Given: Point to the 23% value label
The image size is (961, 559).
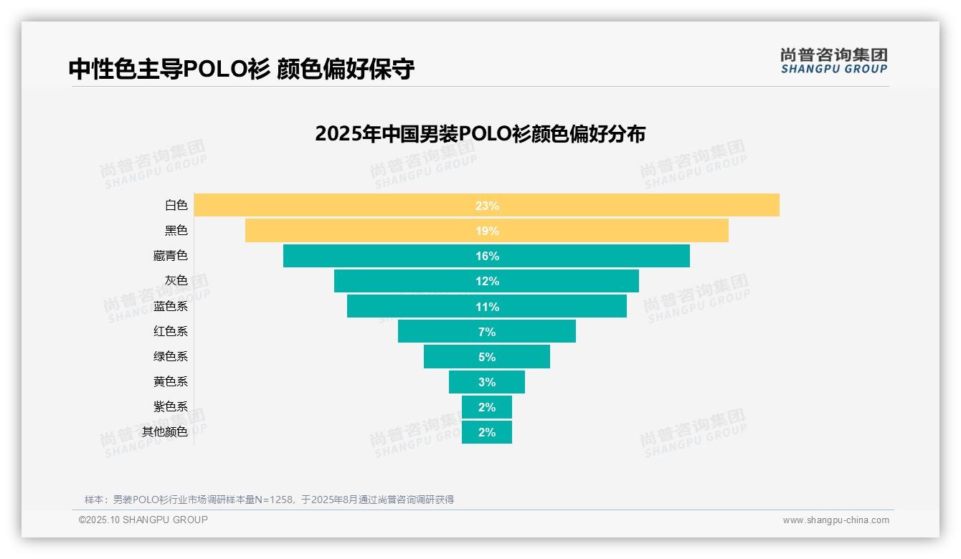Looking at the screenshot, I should (487, 206).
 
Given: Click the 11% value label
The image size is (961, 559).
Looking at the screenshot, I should (487, 307).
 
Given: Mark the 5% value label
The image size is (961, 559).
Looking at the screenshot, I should (487, 357).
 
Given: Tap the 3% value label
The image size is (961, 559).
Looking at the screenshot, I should (487, 382).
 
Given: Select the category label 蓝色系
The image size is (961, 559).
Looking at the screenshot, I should (171, 306).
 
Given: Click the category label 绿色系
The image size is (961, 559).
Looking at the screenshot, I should (171, 356).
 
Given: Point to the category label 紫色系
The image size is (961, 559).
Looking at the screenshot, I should (171, 406).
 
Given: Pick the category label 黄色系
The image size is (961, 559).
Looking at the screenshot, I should (171, 381).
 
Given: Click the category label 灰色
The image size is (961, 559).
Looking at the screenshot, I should (176, 281).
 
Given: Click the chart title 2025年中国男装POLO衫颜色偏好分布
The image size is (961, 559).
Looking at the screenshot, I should (480, 134).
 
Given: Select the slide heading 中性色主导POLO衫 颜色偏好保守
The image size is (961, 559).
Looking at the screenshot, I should (241, 69).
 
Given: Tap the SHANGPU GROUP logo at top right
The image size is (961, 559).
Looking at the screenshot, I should (834, 61).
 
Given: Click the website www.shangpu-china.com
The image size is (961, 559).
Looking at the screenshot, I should (835, 520).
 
